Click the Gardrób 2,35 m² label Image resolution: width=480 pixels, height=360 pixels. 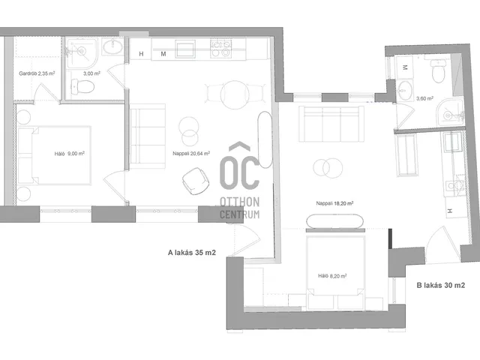[x=37, y=73]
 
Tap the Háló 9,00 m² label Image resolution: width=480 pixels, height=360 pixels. [x=70, y=154]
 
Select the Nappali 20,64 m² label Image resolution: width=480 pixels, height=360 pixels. [x=191, y=153]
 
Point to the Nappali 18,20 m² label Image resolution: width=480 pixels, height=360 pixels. [x=335, y=203]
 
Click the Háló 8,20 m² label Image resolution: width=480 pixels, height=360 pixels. [x=332, y=276]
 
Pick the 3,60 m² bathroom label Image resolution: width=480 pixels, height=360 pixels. [x=425, y=98]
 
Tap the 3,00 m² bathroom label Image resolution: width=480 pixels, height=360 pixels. [x=91, y=73]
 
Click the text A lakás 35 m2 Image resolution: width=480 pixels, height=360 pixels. [x=192, y=253]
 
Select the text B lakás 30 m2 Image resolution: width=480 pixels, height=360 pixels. [x=441, y=285]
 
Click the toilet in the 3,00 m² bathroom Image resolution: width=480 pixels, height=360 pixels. [x=82, y=87]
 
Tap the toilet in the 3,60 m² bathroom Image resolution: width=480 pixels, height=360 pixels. [x=438, y=71]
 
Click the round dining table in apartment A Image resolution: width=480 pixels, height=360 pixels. [x=235, y=94]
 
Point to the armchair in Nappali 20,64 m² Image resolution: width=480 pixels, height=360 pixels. [x=196, y=181]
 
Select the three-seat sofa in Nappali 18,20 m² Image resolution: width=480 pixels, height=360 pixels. [x=331, y=124]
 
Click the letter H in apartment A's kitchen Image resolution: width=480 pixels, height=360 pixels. [x=141, y=54]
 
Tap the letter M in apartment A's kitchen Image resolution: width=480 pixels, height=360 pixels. [x=163, y=54]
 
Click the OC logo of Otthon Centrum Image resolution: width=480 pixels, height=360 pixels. [x=240, y=166]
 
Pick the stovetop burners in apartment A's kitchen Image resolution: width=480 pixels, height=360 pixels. [x=221, y=49]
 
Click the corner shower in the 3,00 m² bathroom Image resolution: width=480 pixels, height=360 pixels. [x=82, y=53]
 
